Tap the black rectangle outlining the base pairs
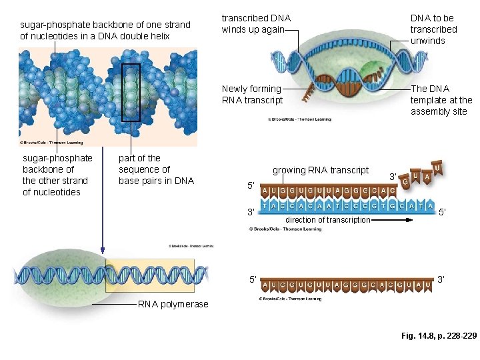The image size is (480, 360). click(x=131, y=92)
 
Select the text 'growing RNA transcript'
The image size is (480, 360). click(x=320, y=170)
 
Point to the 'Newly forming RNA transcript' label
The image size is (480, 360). click(x=252, y=94)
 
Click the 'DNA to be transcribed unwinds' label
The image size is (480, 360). click(x=433, y=29)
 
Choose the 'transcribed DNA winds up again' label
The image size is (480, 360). click(x=256, y=24)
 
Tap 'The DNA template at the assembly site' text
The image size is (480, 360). click(x=441, y=100)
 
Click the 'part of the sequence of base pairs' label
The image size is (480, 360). click(x=156, y=169)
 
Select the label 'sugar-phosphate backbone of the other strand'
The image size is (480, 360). click(x=57, y=175)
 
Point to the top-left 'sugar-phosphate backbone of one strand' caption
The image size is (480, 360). click(x=105, y=30)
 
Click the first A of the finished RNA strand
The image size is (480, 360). click(x=266, y=285)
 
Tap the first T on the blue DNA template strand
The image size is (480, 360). click(x=266, y=207)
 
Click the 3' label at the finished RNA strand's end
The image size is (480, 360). click(x=441, y=279)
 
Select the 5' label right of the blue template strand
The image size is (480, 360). click(x=443, y=212)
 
